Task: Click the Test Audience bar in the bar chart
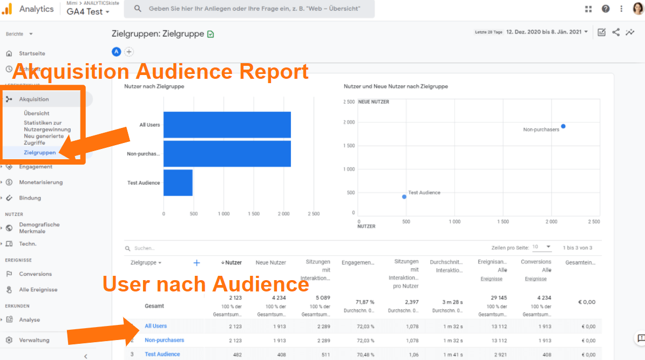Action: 178,182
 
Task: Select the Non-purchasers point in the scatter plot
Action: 563,126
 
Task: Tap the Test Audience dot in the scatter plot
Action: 404,196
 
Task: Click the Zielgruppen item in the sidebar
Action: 39,153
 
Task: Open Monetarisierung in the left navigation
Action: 40,182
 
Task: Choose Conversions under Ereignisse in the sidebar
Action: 35,274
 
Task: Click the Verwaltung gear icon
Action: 9,340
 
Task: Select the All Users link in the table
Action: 155,326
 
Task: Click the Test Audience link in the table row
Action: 162,354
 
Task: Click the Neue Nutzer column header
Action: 270,262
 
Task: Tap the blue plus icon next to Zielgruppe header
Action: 196,263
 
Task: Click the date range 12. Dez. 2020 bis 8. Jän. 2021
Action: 547,32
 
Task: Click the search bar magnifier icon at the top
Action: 138,9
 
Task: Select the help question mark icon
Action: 606,9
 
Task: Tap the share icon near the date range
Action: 616,32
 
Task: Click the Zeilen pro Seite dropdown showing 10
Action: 541,247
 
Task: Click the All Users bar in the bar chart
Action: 227,125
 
